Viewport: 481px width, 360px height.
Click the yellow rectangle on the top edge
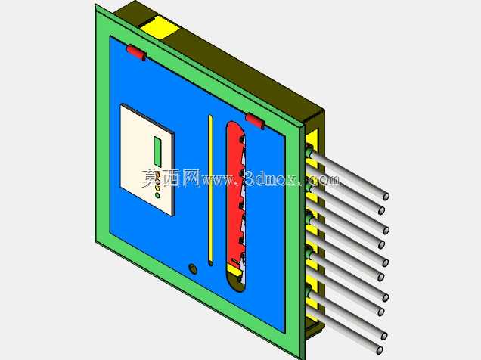160,27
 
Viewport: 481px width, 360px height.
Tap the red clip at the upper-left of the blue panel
136,52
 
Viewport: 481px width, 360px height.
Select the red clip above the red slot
255,121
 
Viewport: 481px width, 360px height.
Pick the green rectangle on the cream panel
157,151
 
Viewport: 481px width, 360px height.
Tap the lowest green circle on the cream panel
157,195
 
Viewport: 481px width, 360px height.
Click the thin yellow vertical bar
210,190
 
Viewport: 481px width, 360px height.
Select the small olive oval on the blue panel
193,268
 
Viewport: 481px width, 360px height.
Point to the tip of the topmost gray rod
386,196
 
